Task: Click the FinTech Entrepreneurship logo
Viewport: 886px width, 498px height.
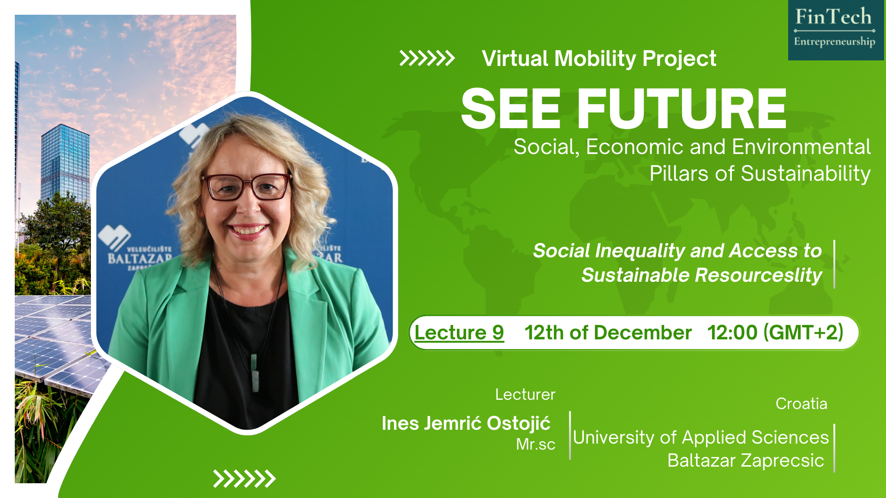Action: [x=836, y=30]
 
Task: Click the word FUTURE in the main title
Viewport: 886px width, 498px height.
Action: [x=682, y=109]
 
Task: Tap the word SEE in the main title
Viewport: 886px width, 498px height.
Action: [x=511, y=109]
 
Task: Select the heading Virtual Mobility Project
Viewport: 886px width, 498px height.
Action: [x=599, y=59]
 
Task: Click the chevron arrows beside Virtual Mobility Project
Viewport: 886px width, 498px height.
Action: [x=427, y=59]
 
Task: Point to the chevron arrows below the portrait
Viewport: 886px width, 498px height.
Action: [x=245, y=479]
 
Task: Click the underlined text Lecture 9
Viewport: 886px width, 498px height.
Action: [x=459, y=332]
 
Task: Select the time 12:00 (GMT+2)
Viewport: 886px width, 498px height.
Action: [x=775, y=332]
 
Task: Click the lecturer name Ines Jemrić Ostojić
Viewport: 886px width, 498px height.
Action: [x=466, y=423]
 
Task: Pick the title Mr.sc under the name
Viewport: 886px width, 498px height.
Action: [x=535, y=444]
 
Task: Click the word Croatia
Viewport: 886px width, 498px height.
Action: [x=802, y=403]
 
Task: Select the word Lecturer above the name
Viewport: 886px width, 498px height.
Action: [x=525, y=395]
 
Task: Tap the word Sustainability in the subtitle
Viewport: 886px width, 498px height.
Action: [x=806, y=174]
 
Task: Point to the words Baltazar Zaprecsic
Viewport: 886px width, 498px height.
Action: [x=746, y=460]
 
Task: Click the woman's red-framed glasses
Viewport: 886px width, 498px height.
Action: [x=247, y=186]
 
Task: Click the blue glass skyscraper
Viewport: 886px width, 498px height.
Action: [x=65, y=164]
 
